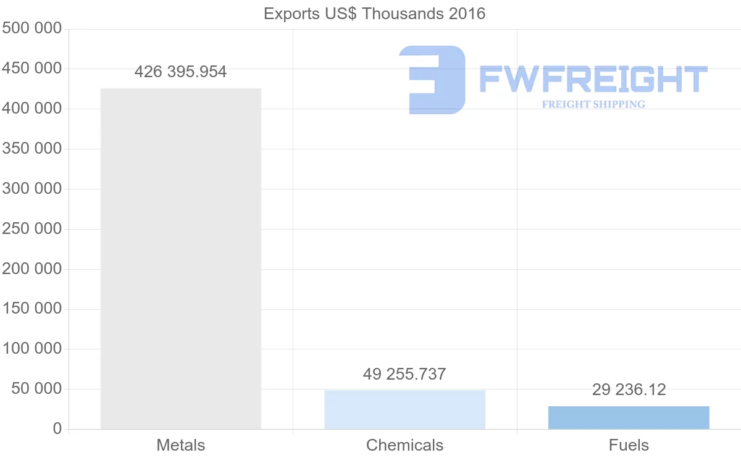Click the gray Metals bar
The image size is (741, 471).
(181, 259)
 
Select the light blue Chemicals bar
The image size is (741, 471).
(404, 410)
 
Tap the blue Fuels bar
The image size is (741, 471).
(629, 418)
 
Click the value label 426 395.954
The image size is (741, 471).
(180, 72)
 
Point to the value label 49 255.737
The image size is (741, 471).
(404, 374)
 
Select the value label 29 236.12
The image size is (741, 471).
(629, 390)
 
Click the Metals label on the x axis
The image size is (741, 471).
(180, 445)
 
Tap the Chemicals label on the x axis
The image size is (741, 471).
(404, 445)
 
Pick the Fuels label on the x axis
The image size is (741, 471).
(629, 445)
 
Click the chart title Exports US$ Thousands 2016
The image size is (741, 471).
(374, 14)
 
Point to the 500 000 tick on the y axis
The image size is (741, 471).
(31, 28)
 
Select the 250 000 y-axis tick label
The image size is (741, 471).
(31, 229)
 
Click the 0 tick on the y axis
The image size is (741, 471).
(57, 429)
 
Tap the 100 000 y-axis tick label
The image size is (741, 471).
(31, 349)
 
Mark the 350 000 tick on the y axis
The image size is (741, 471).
(31, 149)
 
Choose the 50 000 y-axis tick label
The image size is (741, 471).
(36, 389)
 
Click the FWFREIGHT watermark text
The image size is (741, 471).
(593, 79)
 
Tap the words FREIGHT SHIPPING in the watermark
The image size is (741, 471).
(593, 104)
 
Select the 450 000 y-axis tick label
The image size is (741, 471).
(31, 69)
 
